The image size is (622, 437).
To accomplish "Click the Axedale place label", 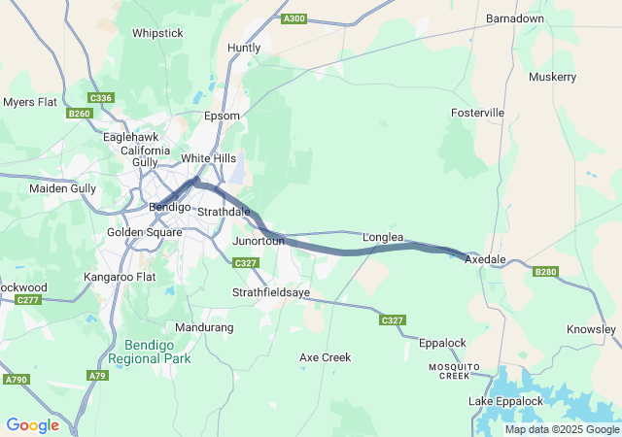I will tap(485, 260).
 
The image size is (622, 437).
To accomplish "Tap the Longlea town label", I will tap(383, 237).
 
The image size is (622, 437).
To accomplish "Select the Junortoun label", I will tap(259, 240).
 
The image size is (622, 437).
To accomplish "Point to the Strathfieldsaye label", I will tap(271, 292).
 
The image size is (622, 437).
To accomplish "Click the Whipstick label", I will tap(157, 33).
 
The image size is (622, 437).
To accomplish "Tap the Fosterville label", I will tap(477, 113).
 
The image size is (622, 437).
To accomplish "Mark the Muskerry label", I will tap(553, 77).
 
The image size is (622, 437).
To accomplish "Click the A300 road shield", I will tap(293, 18).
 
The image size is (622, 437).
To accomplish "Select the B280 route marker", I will tap(546, 272).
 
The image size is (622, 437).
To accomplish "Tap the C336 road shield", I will tap(100, 98).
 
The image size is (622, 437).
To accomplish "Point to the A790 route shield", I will tap(16, 380).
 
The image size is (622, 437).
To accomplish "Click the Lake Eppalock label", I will tap(505, 401).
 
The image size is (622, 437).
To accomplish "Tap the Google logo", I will tap(32, 425).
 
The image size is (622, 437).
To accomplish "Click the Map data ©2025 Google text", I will tap(562, 429).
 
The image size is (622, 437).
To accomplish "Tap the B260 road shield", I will tap(80, 114).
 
